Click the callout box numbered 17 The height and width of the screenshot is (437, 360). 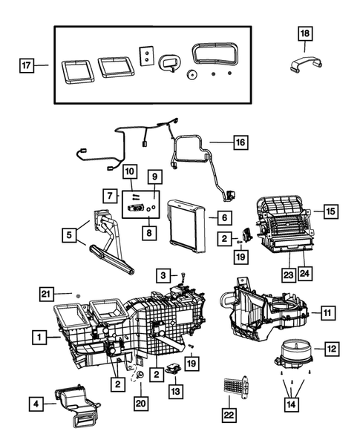[27, 65]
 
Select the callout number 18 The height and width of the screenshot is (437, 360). [306, 33]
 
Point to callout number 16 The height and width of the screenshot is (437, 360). [241, 141]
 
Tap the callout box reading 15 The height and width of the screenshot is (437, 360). [330, 211]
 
